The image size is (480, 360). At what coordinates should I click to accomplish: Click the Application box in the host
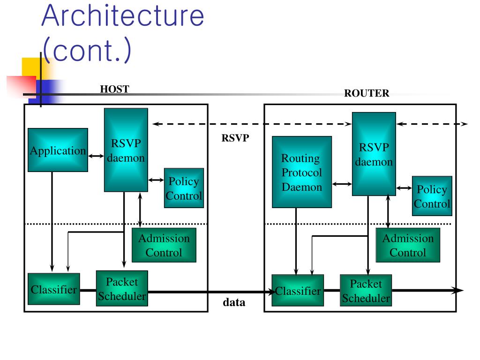pos(58,150)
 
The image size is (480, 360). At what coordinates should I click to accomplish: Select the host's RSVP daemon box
pos(126,150)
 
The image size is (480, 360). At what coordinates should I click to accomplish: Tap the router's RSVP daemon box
pos(374,154)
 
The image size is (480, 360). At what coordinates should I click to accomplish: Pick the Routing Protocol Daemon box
pos(302,172)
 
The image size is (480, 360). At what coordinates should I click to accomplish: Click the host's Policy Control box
pos(184,188)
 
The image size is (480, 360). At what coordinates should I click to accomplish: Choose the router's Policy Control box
pos(432,196)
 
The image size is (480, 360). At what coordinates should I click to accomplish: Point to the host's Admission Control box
pos(164,245)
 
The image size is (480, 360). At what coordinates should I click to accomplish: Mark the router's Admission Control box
pos(408,245)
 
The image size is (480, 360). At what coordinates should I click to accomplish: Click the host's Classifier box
pos(54,289)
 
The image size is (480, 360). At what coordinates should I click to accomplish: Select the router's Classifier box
pos(298,290)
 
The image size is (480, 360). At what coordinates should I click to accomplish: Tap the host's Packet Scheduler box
pos(122,288)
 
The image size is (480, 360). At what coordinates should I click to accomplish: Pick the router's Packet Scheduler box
pos(366,291)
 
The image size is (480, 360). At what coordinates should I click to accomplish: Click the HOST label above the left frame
pos(115,89)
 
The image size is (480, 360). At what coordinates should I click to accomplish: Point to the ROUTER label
pos(367,93)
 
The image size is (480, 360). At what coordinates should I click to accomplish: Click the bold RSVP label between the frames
pos(235,138)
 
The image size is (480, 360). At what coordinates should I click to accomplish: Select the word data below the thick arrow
pos(234,302)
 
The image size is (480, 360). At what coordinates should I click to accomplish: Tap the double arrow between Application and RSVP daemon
pos(96,156)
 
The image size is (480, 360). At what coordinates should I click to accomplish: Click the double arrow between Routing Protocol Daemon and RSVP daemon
pos(342,184)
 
